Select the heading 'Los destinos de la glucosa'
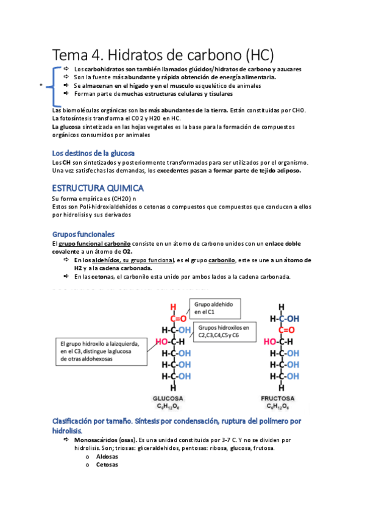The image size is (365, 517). [x=93, y=152]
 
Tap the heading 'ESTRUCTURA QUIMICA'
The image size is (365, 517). [x=97, y=188]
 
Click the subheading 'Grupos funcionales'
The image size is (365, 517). [x=83, y=234]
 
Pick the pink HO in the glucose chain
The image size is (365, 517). [x=163, y=341]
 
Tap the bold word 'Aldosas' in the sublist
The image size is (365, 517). [x=107, y=456]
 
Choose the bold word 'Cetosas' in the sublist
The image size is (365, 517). [x=107, y=465]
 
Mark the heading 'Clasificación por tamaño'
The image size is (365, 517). [x=95, y=421]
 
